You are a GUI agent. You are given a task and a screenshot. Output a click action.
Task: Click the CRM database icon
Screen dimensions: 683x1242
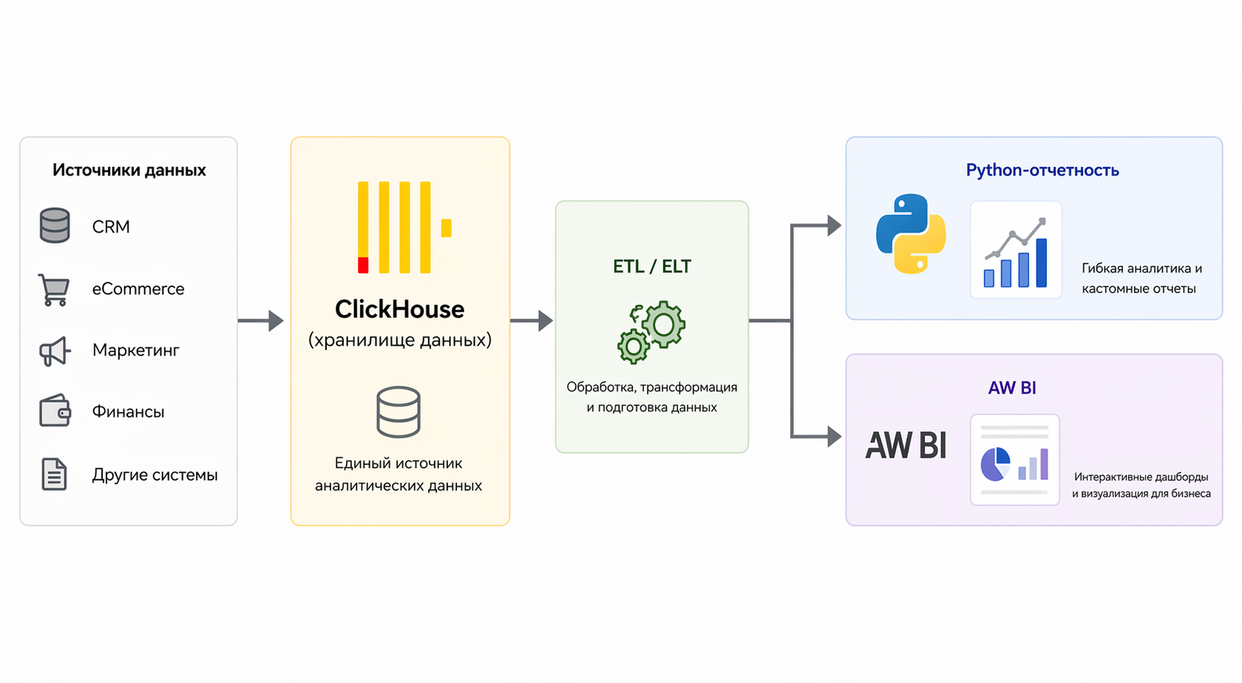(54, 225)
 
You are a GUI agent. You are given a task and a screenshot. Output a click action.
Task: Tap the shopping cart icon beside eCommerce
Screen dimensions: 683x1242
(54, 289)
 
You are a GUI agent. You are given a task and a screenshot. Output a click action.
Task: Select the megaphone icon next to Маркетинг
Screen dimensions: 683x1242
(55, 351)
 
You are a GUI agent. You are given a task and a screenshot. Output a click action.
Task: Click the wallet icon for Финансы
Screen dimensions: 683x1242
(55, 411)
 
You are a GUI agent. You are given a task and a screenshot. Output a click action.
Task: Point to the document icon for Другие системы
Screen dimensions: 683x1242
(54, 474)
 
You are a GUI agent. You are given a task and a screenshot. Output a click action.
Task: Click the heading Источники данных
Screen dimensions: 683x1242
(129, 170)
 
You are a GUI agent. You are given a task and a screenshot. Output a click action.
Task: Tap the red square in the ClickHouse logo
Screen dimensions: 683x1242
(363, 265)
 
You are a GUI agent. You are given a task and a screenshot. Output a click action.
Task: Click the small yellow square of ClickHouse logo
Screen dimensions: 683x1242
(446, 228)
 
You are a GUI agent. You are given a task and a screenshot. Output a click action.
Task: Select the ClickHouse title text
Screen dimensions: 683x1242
(399, 309)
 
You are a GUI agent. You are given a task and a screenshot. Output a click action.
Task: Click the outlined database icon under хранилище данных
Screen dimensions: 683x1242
(398, 412)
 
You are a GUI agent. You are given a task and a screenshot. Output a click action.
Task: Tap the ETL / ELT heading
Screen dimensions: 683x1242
(651, 267)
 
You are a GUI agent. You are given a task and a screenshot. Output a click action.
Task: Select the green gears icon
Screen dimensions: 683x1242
(651, 332)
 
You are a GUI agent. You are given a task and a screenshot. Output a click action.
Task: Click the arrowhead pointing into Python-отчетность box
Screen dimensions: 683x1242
(834, 225)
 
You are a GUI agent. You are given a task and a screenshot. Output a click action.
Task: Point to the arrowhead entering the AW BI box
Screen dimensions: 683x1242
(834, 436)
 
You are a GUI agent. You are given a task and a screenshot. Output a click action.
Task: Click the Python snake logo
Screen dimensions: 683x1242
(911, 234)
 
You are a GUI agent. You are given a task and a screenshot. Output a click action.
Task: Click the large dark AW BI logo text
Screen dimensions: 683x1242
(906, 445)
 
